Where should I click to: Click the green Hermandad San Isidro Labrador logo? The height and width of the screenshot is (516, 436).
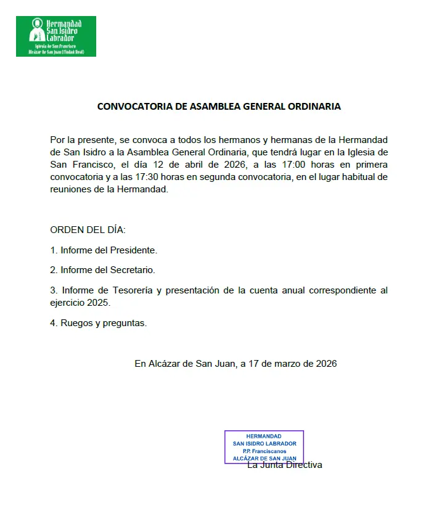(x=56, y=36)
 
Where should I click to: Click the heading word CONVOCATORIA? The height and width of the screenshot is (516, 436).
(x=134, y=106)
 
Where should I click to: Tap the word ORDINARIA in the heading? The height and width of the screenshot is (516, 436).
(x=314, y=106)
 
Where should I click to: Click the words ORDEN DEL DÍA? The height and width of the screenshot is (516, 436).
(x=88, y=230)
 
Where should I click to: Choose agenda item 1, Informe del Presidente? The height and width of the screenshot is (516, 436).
(x=104, y=250)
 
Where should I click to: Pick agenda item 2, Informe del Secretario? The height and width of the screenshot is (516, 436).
(x=102, y=270)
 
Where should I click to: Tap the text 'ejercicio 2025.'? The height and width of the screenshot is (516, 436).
(x=81, y=303)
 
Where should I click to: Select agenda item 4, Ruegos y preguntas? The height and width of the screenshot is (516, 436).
(x=99, y=322)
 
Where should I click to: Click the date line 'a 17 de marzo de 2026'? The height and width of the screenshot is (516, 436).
(x=289, y=364)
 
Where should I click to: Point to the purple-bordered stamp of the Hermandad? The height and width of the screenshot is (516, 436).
(x=264, y=447)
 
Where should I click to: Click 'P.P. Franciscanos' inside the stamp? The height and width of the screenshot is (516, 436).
(x=264, y=451)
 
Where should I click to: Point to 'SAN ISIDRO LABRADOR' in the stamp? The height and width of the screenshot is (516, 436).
(x=264, y=443)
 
